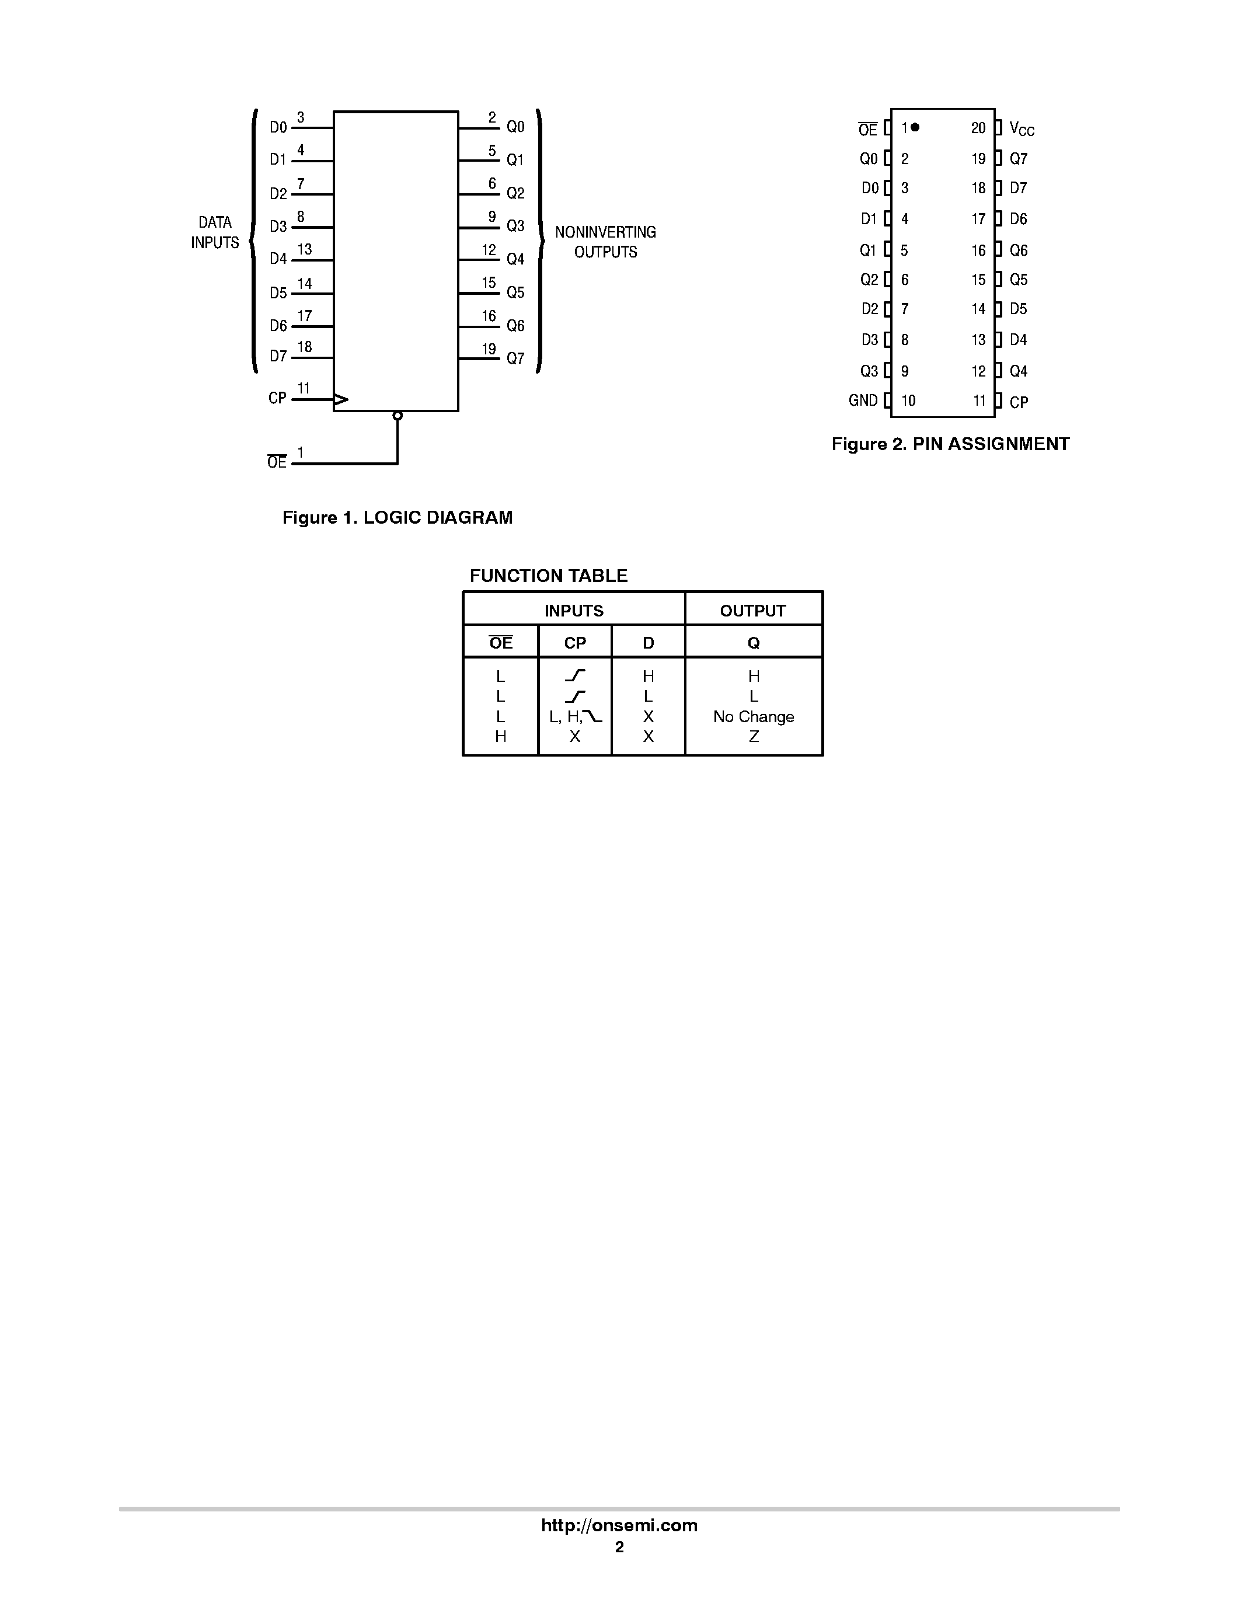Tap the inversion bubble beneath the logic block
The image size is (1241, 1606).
[x=398, y=416]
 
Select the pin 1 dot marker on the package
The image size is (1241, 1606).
[x=915, y=127]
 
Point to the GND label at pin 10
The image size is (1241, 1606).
[x=863, y=400]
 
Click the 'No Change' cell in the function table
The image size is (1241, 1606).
[x=754, y=717]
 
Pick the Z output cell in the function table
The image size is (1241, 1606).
[x=754, y=737]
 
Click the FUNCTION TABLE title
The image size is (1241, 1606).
[x=549, y=576]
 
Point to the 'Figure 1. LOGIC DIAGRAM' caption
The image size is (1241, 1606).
[x=397, y=518]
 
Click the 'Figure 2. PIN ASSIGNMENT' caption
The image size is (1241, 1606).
[x=950, y=444]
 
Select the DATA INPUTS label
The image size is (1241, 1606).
[x=215, y=232]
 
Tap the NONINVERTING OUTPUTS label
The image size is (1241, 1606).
[x=605, y=242]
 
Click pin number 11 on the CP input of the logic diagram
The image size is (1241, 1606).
[x=304, y=388]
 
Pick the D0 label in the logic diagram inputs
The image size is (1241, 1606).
[x=278, y=127]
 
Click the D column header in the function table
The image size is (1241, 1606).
[x=648, y=643]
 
